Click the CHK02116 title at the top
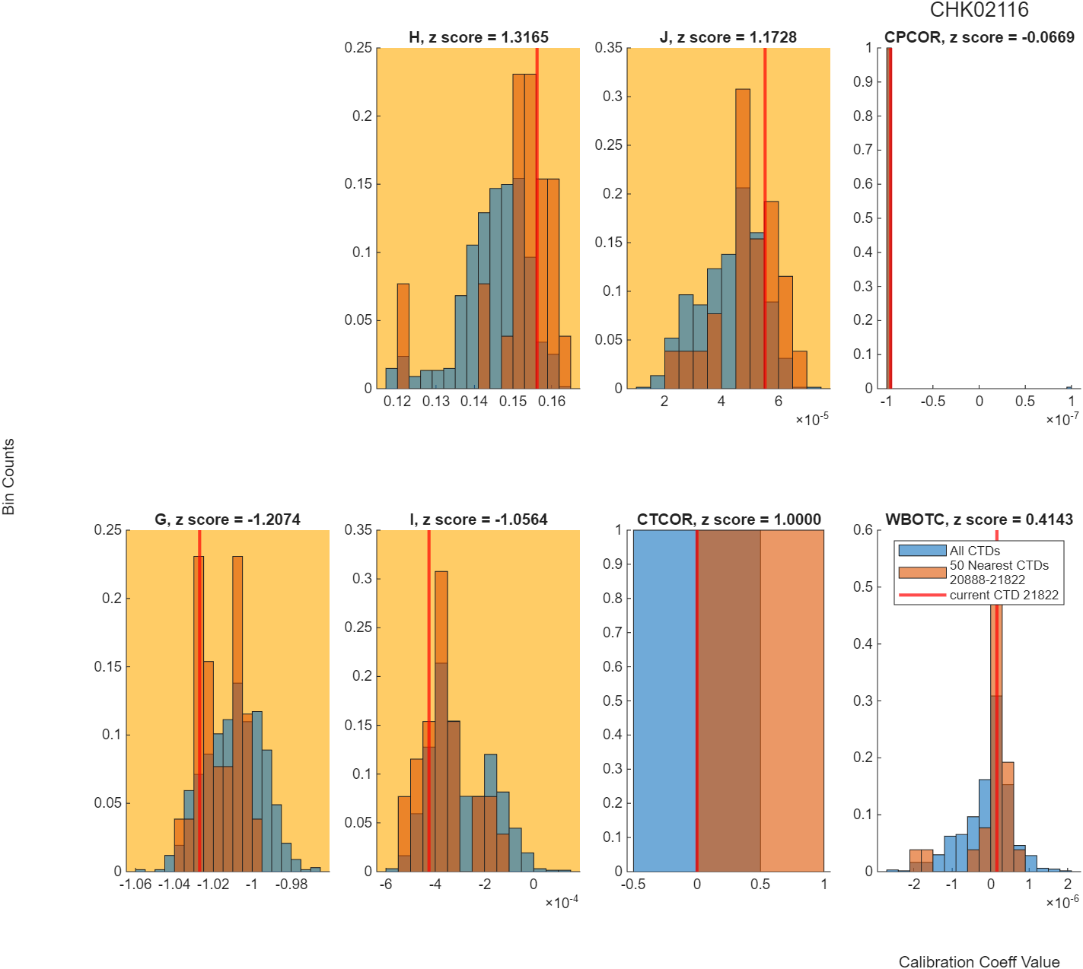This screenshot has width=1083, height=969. point(978,10)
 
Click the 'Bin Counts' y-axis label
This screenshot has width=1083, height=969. point(8,476)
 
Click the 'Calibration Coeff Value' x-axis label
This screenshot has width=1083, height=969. point(979,961)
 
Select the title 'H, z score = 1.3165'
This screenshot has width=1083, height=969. point(479,37)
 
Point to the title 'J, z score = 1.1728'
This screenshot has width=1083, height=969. point(728,37)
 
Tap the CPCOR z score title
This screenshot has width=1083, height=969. point(979,37)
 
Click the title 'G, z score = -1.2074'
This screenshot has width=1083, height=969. point(228,519)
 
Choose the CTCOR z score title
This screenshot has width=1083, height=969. point(728,519)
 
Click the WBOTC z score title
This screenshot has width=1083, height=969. point(979,519)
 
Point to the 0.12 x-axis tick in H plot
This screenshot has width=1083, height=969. point(397,401)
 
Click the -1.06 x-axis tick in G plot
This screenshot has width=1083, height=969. point(135,884)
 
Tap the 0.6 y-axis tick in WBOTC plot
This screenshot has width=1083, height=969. point(862,530)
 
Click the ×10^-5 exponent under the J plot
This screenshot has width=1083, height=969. point(812,419)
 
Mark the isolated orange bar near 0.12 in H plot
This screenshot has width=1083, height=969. point(403,336)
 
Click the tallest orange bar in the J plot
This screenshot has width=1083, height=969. point(743,238)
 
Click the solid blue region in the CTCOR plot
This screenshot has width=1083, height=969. point(664,700)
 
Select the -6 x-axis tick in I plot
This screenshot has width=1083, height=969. point(385,884)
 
